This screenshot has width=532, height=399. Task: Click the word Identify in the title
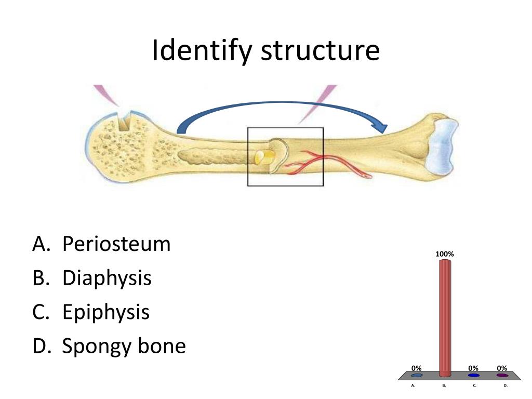[x=202, y=51]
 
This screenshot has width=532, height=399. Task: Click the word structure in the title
[x=320, y=51]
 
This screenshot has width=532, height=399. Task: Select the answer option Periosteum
[x=116, y=244]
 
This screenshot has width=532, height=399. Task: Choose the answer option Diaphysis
[x=107, y=278]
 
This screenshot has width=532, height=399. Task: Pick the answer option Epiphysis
[x=106, y=312]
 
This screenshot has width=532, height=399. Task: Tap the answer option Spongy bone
[x=124, y=346]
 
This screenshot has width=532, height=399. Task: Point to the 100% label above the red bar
[x=445, y=254]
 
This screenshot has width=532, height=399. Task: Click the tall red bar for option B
[x=445, y=317]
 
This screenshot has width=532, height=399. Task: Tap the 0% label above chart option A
[x=416, y=368]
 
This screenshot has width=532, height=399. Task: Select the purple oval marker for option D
[x=502, y=375]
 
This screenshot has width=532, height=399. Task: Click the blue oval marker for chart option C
[x=473, y=375]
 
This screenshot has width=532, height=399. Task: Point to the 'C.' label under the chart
[x=475, y=386]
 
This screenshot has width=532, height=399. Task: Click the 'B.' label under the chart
[x=444, y=386]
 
